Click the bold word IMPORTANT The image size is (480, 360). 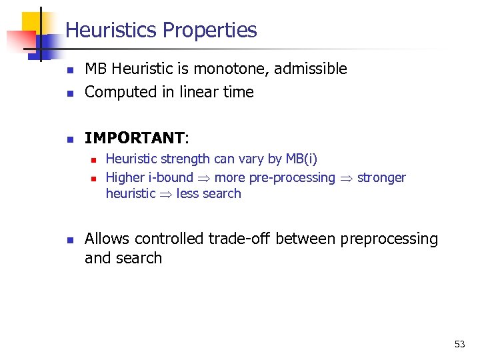134,138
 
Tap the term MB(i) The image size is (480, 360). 302,159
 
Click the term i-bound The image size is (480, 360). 170,177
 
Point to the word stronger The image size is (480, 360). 381,177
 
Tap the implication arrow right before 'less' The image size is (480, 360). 166,194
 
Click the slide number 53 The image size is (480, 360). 459,344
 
